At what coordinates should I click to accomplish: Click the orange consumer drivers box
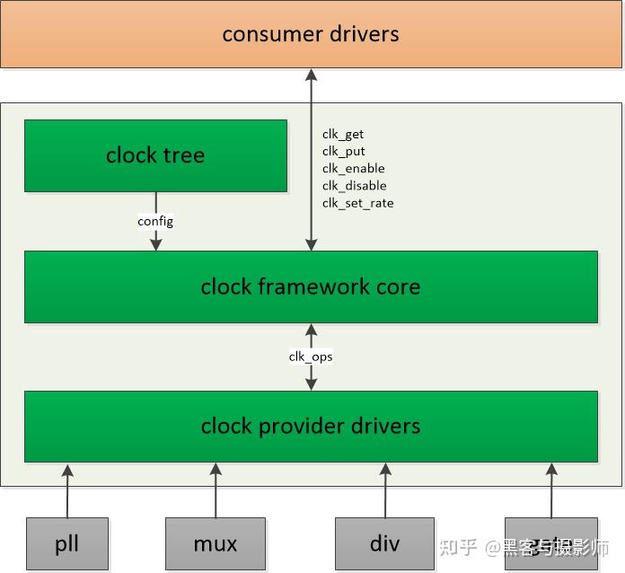pyautogui.click(x=311, y=34)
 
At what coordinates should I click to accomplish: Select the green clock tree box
pyautogui.click(x=155, y=155)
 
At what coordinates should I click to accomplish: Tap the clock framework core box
pyautogui.click(x=311, y=286)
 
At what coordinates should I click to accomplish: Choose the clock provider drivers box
pyautogui.click(x=311, y=426)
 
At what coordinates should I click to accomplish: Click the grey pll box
pyautogui.click(x=67, y=543)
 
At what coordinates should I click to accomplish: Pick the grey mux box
pyautogui.click(x=216, y=543)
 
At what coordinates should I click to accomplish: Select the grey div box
pyautogui.click(x=384, y=543)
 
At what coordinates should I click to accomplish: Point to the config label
pyautogui.click(x=155, y=221)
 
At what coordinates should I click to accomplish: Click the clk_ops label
pyautogui.click(x=311, y=357)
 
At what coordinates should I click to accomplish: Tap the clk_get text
pyautogui.click(x=343, y=135)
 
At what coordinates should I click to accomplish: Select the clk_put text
pyautogui.click(x=344, y=152)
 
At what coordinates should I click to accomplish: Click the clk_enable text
pyautogui.click(x=354, y=169)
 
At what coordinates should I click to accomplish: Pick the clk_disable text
pyautogui.click(x=355, y=186)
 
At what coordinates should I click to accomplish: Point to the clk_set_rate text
pyautogui.click(x=358, y=203)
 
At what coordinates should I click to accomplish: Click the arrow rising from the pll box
pyautogui.click(x=67, y=490)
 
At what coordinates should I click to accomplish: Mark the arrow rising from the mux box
pyautogui.click(x=216, y=490)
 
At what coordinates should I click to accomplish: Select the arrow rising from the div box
pyautogui.click(x=385, y=490)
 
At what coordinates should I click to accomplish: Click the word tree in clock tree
pyautogui.click(x=184, y=155)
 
